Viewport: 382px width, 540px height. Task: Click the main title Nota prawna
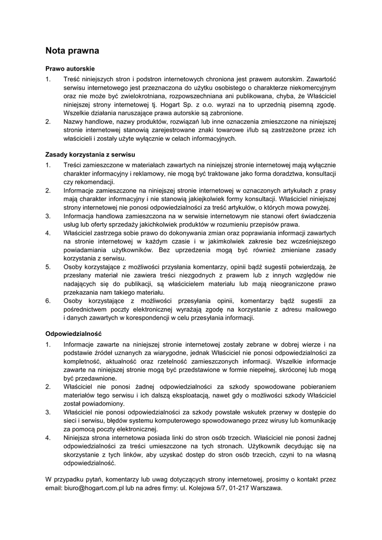[x=72, y=51]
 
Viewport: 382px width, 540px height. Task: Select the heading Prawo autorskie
[x=70, y=69]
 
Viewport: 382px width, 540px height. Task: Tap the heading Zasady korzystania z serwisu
[x=91, y=155]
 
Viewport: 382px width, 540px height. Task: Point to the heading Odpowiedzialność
[x=73, y=333]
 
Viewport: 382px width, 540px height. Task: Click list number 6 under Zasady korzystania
[x=48, y=301]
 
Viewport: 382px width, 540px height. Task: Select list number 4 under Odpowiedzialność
[x=48, y=438]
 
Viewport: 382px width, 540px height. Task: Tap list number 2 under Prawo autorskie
[x=48, y=122]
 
